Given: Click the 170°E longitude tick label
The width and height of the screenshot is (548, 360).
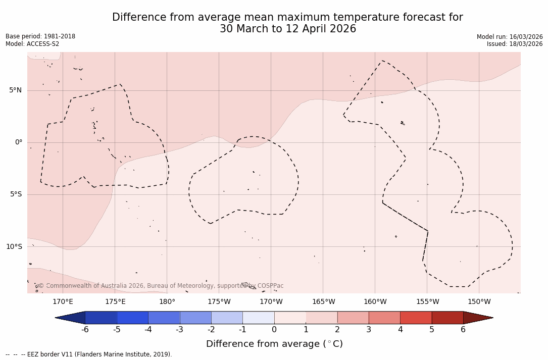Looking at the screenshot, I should (x=63, y=302).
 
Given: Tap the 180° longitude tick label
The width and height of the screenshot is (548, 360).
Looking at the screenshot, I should (x=167, y=302).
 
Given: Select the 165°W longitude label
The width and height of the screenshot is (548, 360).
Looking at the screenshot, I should (x=323, y=302).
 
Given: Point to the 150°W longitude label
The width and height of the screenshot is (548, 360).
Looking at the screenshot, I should (x=479, y=302).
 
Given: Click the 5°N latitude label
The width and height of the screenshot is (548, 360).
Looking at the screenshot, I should (x=15, y=90).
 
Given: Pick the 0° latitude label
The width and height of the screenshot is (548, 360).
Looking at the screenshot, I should (x=19, y=142).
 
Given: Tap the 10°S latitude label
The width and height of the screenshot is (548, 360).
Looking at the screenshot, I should (x=14, y=247).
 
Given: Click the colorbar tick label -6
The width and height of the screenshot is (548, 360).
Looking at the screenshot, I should (x=85, y=330).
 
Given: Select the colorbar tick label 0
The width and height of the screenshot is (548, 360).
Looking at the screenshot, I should (x=274, y=330).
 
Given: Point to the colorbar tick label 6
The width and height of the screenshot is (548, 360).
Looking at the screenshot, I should (x=463, y=330).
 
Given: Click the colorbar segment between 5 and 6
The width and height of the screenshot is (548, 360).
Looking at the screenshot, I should (x=447, y=318).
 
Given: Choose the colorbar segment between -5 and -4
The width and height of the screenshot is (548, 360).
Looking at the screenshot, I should (x=132, y=318).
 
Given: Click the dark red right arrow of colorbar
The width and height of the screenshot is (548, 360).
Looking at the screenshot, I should (x=477, y=318).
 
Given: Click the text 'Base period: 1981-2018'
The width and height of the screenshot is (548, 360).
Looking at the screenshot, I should (x=40, y=36).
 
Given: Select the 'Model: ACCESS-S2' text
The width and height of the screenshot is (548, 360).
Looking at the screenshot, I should (x=32, y=44).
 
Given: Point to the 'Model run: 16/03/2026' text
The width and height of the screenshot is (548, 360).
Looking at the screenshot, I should (x=510, y=37).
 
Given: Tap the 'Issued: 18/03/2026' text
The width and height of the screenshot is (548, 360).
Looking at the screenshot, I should (x=515, y=44).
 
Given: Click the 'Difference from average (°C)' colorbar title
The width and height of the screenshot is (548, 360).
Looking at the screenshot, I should (x=274, y=344).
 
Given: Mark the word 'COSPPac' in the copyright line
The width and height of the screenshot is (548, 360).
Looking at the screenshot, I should (x=270, y=286).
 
